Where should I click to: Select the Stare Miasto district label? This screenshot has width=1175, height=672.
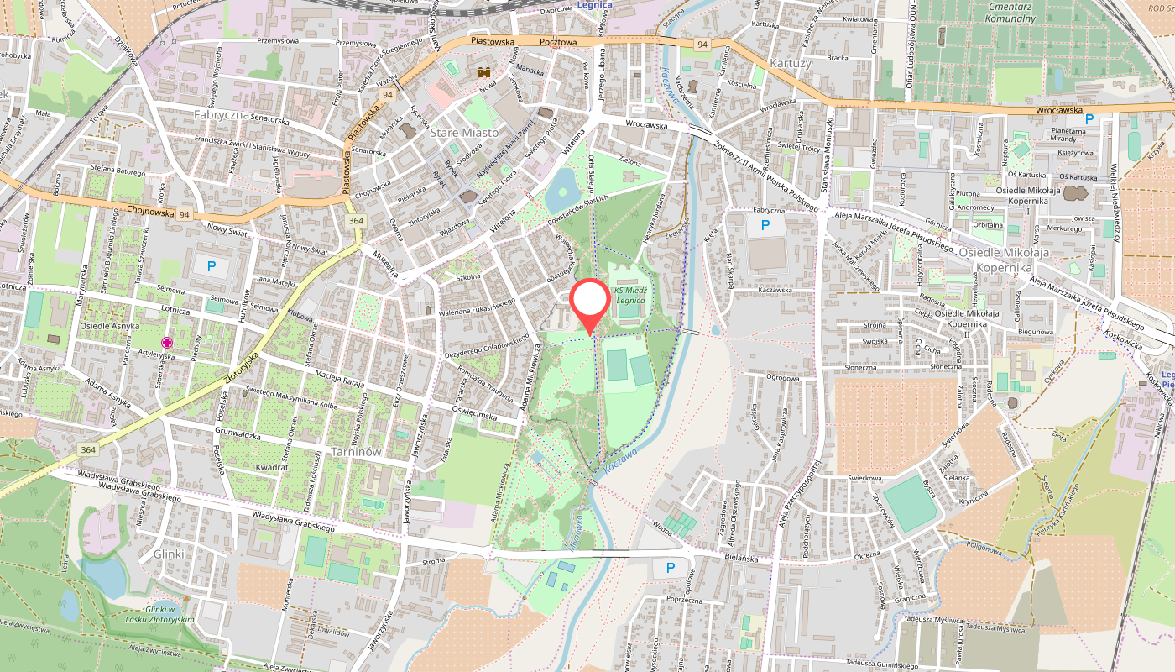pyautogui.click(x=463, y=133)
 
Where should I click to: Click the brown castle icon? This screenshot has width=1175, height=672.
pyautogui.click(x=485, y=73)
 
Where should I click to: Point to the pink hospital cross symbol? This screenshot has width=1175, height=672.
pyautogui.click(x=167, y=342)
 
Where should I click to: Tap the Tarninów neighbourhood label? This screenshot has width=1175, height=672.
pyautogui.click(x=357, y=451)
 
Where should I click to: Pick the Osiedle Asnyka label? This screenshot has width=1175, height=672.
pyautogui.click(x=109, y=326)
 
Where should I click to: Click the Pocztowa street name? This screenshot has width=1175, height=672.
pyautogui.click(x=558, y=41)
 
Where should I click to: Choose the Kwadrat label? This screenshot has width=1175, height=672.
pyautogui.click(x=273, y=466)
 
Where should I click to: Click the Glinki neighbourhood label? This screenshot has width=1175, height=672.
pyautogui.click(x=168, y=554)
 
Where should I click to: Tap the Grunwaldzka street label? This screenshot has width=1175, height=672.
pyautogui.click(x=239, y=433)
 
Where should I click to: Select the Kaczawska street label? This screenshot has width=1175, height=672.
pyautogui.click(x=775, y=291)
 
